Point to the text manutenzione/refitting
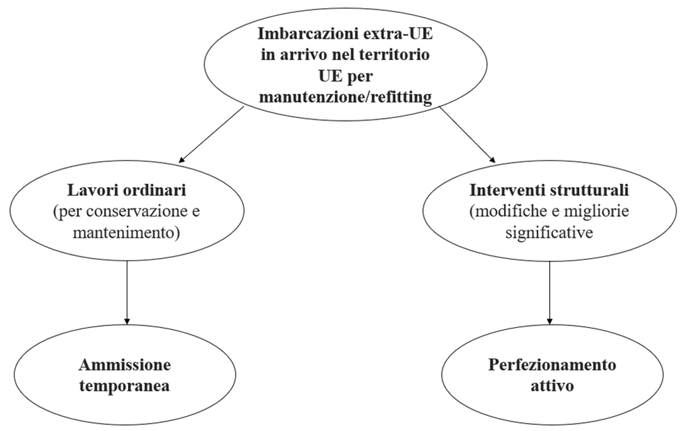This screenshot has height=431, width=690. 346,97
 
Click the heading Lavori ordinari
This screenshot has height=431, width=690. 127,190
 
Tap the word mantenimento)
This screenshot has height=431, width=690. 127,232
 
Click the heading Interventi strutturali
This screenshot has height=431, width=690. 549,190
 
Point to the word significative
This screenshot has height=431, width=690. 549,232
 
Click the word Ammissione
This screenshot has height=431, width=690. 125,364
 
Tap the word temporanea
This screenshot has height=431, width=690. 125,386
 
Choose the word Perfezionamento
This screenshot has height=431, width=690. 553,364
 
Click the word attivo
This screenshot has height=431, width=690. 553,386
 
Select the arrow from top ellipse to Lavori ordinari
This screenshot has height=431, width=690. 211,135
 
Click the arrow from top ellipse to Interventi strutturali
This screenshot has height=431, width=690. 468,135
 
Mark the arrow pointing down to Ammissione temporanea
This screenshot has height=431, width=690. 127,293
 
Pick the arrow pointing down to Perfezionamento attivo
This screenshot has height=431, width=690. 550,293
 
